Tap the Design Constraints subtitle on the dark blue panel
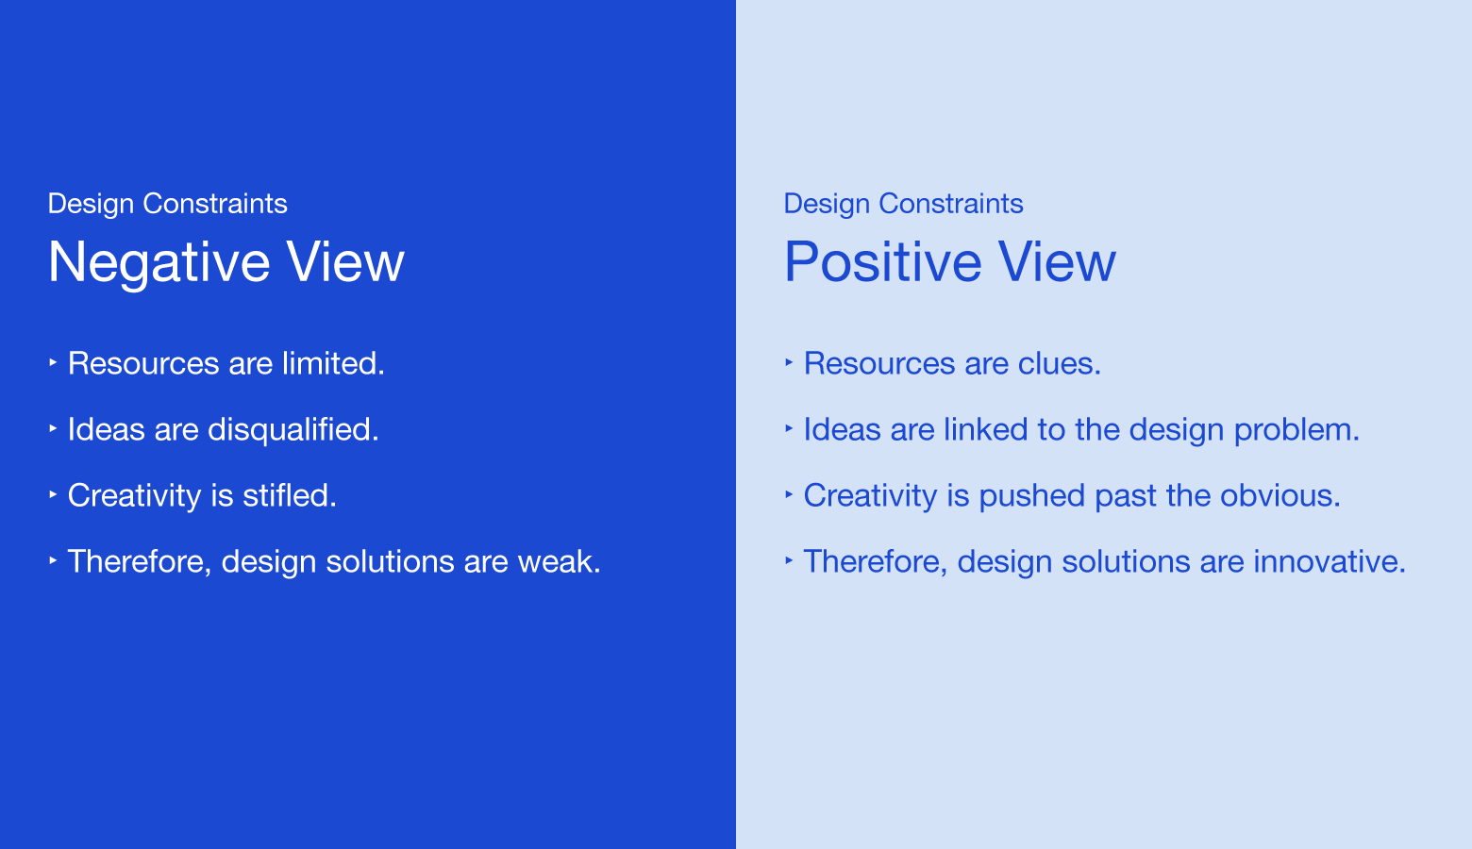[x=167, y=204]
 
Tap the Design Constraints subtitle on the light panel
[x=903, y=204]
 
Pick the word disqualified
[x=293, y=429]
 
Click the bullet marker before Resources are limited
[x=53, y=361]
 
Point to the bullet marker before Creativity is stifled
[x=53, y=493]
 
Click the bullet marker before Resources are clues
[x=789, y=361]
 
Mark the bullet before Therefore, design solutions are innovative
[x=789, y=559]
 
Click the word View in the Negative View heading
[x=345, y=262]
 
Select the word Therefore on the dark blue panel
[x=139, y=561]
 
